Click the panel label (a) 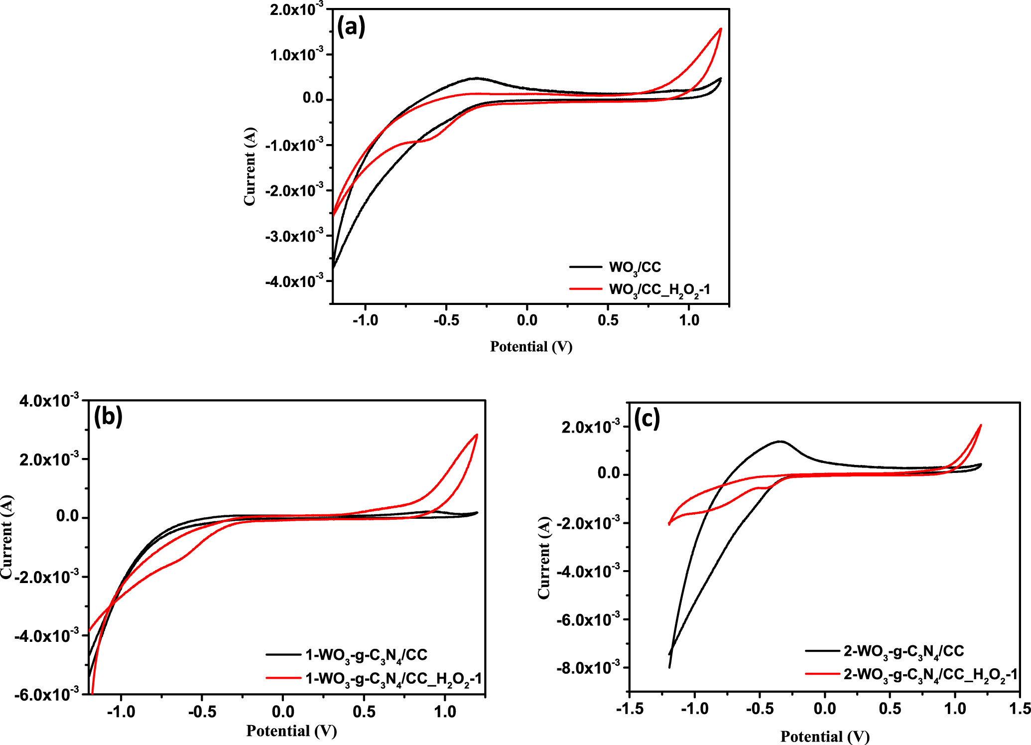[351, 26]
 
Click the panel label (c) [646, 418]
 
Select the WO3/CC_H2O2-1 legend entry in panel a [659, 290]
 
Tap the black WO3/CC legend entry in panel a [635, 268]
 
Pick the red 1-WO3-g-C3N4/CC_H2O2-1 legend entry [393, 679]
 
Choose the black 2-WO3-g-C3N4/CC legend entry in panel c [903, 651]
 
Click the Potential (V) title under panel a [531, 346]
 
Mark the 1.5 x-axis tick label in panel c [1019, 709]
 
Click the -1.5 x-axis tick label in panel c [630, 709]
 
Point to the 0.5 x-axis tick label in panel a [608, 320]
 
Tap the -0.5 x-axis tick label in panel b [202, 712]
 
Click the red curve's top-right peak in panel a [720, 28]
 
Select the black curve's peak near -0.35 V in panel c [780, 441]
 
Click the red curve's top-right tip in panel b [477, 435]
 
